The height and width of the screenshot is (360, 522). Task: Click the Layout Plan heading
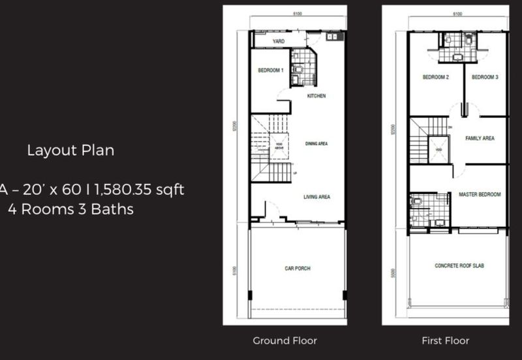click(x=70, y=151)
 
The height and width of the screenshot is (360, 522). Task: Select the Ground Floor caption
click(x=284, y=340)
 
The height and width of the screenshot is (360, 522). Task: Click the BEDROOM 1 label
click(x=271, y=70)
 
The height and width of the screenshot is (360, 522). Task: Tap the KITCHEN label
click(x=316, y=96)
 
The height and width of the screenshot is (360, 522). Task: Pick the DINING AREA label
click(x=316, y=143)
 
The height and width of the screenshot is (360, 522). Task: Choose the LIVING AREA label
click(x=316, y=196)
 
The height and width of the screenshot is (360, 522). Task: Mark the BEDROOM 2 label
click(x=435, y=77)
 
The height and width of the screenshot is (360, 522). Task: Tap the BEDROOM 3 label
click(x=485, y=77)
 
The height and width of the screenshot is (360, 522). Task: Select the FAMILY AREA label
click(x=479, y=138)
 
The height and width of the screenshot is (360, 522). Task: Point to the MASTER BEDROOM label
click(x=479, y=194)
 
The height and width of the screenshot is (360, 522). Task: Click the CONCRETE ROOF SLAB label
click(x=459, y=266)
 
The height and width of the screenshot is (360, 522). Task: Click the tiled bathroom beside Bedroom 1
click(x=302, y=68)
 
